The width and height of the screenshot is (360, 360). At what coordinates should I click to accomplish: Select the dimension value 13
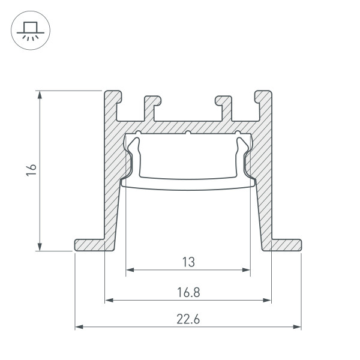[188, 262]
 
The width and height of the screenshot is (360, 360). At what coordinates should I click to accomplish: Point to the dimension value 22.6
[188, 320]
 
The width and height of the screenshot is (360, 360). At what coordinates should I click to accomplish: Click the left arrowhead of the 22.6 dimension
[78, 328]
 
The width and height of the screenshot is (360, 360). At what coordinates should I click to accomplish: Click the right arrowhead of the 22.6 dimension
[298, 328]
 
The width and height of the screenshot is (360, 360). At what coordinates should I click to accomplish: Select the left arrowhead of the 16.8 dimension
[109, 299]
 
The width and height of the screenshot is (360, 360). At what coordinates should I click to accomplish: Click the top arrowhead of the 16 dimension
[40, 94]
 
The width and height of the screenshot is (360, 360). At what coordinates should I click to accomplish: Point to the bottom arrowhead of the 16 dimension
[40, 247]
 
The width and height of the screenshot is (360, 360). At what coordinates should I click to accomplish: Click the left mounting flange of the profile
[90, 245]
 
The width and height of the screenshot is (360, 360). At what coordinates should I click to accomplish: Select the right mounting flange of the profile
[285, 245]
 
